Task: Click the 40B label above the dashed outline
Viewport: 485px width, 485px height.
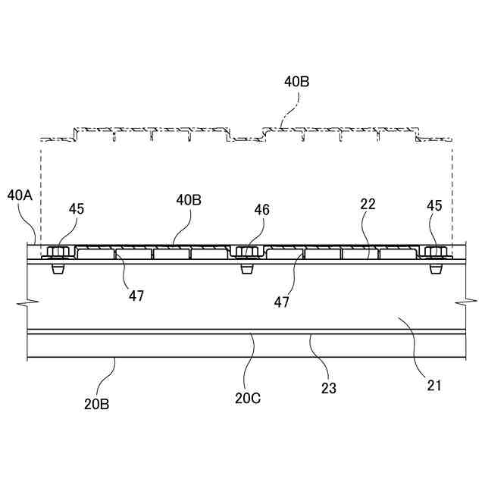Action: pos(296,82)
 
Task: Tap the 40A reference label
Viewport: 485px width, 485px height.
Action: pos(20,196)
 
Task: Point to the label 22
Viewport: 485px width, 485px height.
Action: pos(368,204)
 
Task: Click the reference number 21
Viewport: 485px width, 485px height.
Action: pos(433,386)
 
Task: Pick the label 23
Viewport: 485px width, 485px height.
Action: pos(329,389)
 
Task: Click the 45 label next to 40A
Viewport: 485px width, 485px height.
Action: pos(77,208)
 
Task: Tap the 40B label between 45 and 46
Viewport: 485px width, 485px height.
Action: pos(189,201)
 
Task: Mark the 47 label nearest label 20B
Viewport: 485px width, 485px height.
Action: pos(136,296)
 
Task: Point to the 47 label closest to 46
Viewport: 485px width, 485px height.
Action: pos(282,302)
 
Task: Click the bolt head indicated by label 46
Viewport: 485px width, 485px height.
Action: pos(246,252)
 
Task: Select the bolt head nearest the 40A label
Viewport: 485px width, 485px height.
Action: pos(57,252)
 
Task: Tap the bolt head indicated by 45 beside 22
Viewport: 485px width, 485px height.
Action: pos(434,252)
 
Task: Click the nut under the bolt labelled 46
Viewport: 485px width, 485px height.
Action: pos(246,268)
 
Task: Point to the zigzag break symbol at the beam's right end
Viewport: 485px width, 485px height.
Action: pos(462,302)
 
